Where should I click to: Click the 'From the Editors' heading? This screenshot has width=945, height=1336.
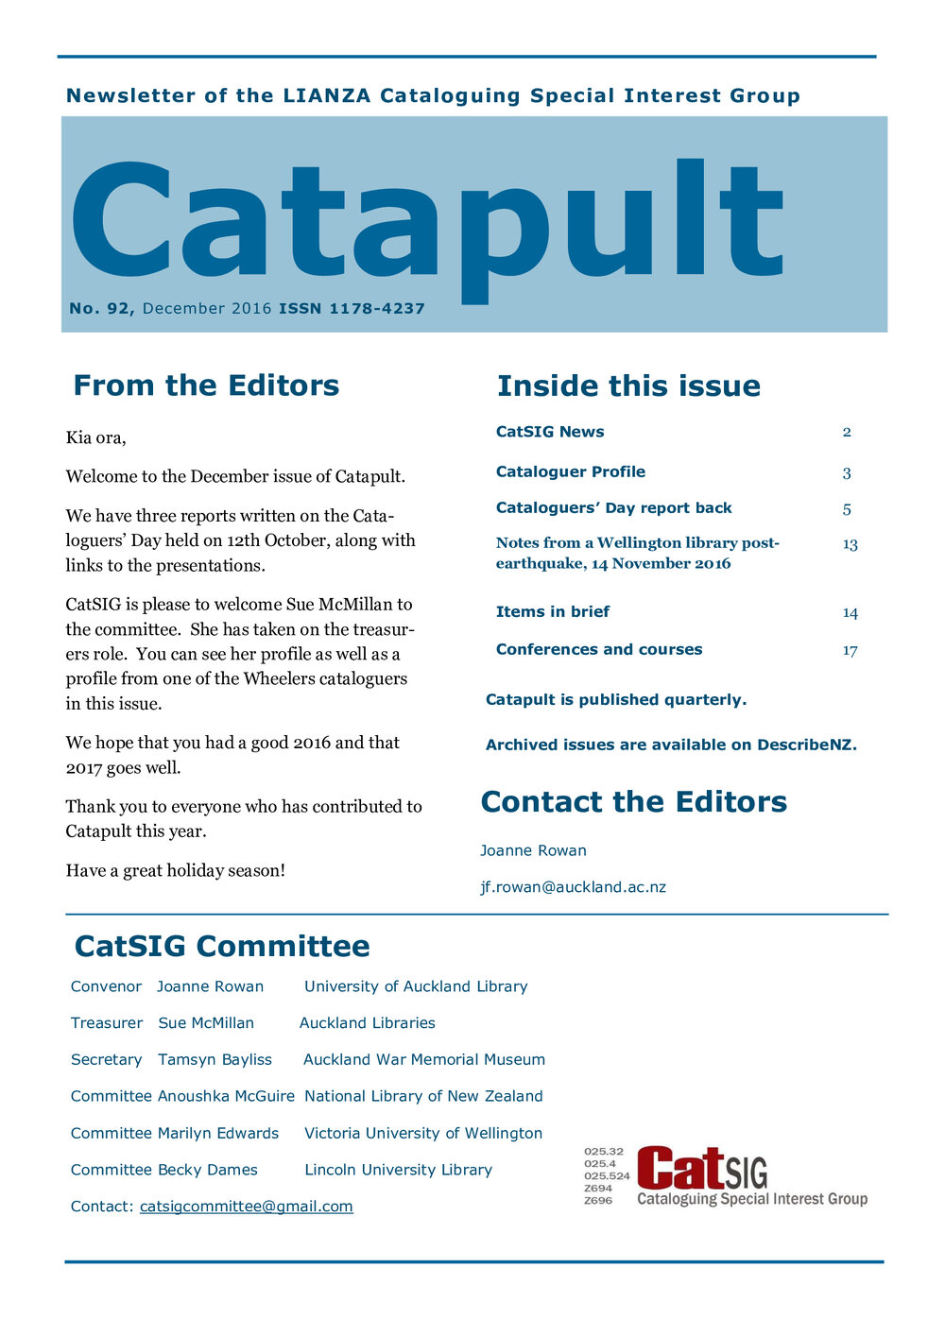[x=206, y=385]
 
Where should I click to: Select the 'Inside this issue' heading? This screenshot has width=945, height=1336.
[x=628, y=385]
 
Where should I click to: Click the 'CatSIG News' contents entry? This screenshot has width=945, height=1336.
[x=550, y=432]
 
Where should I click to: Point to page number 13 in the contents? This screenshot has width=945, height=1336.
[x=850, y=544]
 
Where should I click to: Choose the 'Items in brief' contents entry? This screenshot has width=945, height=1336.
[x=553, y=611]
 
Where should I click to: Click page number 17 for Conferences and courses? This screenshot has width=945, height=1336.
[x=850, y=650]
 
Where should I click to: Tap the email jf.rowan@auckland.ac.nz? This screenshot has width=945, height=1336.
[x=573, y=887]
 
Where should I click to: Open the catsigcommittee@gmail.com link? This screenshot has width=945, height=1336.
[x=246, y=1207]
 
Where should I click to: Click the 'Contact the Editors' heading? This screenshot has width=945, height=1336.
[x=633, y=802]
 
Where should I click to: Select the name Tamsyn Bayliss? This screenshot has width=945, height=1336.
[x=215, y=1059]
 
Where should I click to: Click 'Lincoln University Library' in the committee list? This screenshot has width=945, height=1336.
[x=398, y=1170]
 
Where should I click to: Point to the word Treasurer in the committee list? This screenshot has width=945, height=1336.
[x=107, y=1023]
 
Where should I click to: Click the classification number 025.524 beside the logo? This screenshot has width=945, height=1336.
[x=607, y=1176]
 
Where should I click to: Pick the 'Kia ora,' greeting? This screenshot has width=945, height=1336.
[x=95, y=437]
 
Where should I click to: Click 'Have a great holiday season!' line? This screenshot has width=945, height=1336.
[x=175, y=870]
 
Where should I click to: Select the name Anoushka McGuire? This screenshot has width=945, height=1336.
[x=226, y=1096]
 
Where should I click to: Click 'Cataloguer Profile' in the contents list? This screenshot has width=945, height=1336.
[x=571, y=471]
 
